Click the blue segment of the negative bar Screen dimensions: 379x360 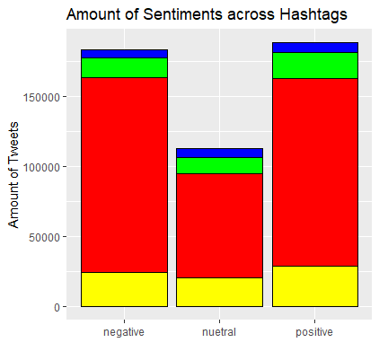[x=124, y=54]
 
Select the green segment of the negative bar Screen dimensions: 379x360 [x=124, y=67]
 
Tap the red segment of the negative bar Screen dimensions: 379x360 [x=124, y=175]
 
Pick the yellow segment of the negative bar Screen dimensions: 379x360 [x=124, y=289]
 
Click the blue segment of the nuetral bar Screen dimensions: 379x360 [x=219, y=153]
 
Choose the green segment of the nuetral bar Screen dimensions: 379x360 [x=219, y=165]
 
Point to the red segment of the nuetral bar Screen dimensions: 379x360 [x=219, y=225]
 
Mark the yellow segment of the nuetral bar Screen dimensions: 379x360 [x=219, y=293]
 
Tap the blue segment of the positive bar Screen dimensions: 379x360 [x=315, y=48]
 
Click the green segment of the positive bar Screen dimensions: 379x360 [x=315, y=66]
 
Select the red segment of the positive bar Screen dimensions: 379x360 [x=315, y=172]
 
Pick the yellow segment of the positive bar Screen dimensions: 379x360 [x=315, y=286]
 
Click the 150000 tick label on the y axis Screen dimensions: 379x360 [x=41, y=97]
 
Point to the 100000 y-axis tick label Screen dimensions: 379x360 [x=41, y=167]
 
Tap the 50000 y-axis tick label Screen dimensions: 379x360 [x=45, y=237]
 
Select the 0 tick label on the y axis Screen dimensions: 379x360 [x=57, y=307]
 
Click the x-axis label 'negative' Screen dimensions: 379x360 [x=124, y=332]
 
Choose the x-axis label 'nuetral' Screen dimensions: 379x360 [x=219, y=332]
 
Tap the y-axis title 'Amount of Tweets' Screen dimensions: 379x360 [x=13, y=175]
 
